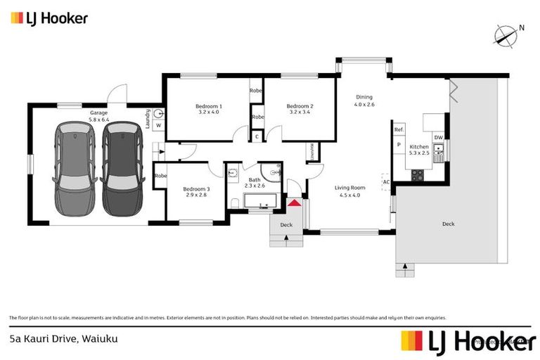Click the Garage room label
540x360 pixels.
(x=98, y=116)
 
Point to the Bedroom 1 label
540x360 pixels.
(x=209, y=108)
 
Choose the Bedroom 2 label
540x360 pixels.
(x=300, y=108)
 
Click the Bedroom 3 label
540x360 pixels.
(x=196, y=191)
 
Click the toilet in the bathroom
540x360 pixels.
(x=233, y=203)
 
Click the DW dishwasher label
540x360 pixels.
(x=438, y=137)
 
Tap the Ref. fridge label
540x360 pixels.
(x=399, y=129)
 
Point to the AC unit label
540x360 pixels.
(x=386, y=181)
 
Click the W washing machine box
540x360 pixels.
(x=158, y=126)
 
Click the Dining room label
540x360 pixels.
(x=364, y=101)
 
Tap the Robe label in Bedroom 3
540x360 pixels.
(x=160, y=175)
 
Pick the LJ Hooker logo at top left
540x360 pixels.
(x=49, y=18)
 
